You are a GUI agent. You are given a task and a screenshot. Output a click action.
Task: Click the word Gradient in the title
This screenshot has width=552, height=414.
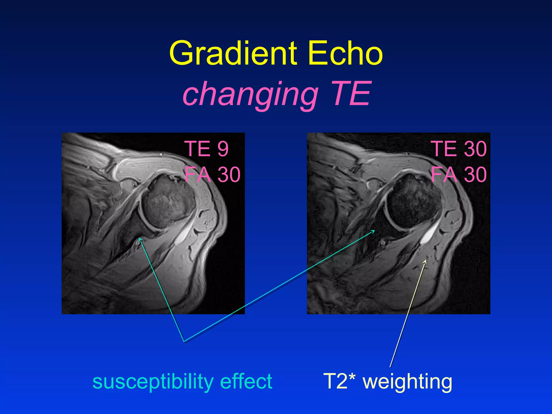pos(233,53)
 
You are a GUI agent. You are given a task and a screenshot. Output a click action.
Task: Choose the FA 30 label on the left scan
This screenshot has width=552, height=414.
pos(212,174)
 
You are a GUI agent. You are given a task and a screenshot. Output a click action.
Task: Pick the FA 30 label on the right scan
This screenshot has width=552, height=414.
pos(459,174)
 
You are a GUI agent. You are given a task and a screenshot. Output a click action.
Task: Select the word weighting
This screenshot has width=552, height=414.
pos(408,382)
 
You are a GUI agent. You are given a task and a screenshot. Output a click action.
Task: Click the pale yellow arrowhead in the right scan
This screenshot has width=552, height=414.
pos(425,261)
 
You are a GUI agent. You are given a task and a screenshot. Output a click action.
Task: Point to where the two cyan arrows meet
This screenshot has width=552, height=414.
pos(184,341)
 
